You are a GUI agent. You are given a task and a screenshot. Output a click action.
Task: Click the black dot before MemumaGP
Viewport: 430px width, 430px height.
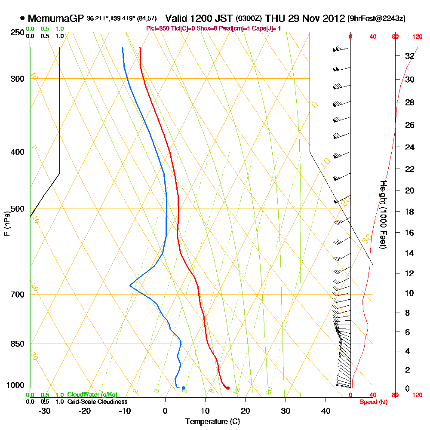point(22,18)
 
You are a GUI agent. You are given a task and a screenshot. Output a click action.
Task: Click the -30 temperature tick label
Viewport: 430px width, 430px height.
point(45,411)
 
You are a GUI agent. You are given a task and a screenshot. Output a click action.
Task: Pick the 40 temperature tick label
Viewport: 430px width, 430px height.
point(326,411)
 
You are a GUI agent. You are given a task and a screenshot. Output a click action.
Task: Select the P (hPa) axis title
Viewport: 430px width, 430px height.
point(6,224)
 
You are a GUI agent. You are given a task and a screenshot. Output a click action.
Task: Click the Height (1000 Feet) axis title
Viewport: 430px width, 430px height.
point(383,215)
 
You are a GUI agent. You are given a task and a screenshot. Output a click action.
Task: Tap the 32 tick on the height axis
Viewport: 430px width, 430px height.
point(409,56)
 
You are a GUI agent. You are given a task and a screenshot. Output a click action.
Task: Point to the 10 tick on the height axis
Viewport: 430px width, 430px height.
point(409,293)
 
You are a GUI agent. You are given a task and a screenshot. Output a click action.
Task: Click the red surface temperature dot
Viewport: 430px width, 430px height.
point(228,388)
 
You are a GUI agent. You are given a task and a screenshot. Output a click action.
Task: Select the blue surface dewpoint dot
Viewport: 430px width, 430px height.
point(184,388)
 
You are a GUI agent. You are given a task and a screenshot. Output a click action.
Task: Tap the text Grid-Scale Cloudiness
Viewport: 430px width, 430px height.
point(97,402)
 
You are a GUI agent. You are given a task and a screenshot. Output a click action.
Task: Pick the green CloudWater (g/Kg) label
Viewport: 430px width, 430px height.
point(92,395)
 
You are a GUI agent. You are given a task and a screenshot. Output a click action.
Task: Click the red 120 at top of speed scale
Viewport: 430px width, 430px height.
point(417,37)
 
